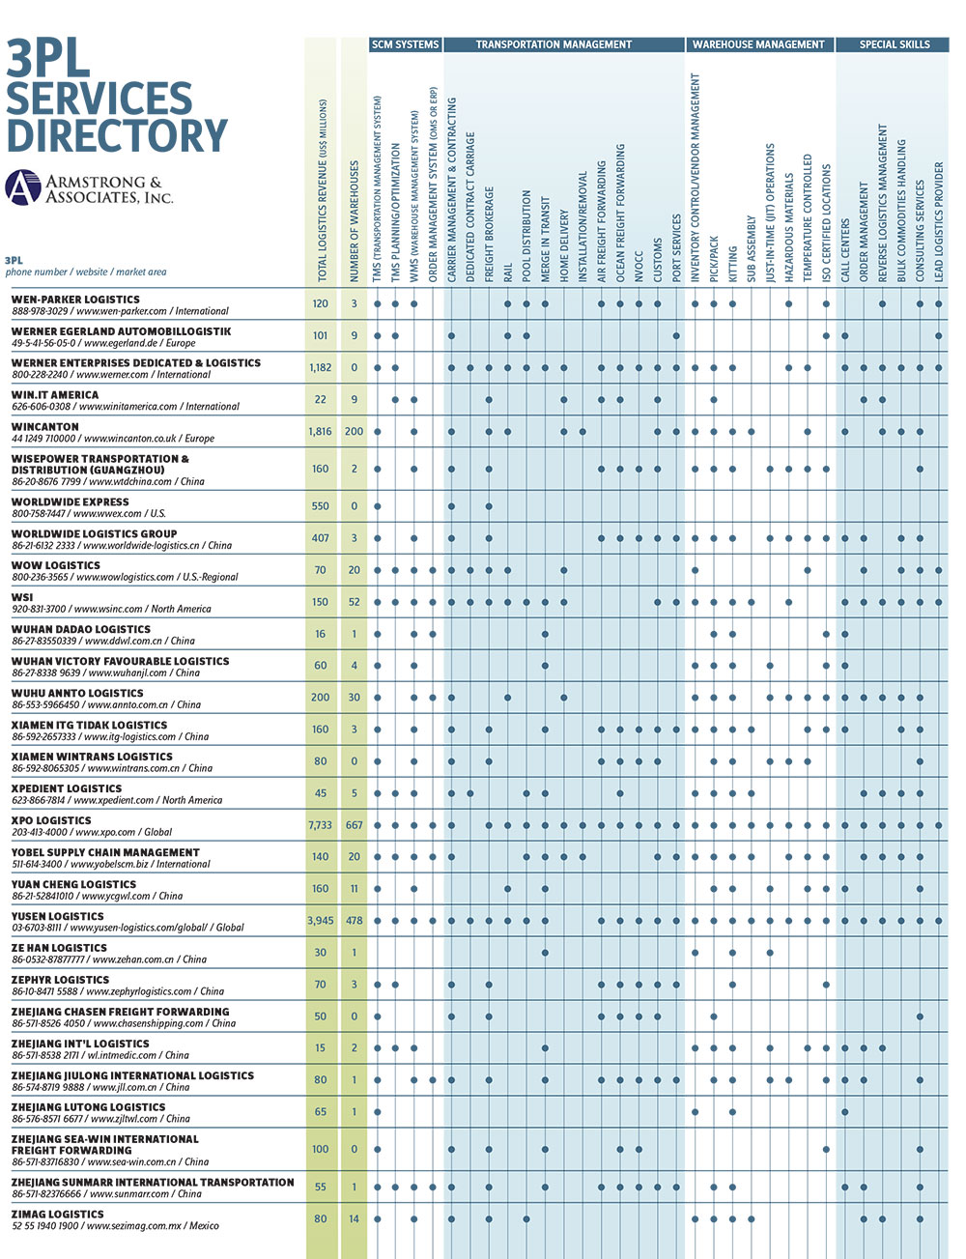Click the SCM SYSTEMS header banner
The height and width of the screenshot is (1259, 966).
405,44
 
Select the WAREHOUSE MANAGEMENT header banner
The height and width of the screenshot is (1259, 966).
758,44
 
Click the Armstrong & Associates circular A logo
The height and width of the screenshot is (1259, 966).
23,187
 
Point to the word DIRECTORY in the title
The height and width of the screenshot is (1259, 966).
117,134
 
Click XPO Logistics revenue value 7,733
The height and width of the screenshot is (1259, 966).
321,824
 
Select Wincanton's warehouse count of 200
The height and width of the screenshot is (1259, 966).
354,431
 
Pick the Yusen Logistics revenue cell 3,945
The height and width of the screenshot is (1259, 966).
321,920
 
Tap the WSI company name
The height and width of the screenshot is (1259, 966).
22,597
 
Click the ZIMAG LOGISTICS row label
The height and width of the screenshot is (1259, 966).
57,1214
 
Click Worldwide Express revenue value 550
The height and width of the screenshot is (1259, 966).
321,505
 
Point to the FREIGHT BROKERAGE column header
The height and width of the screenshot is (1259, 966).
489,234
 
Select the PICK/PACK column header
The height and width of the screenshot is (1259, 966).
714,259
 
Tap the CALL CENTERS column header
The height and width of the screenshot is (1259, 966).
845,250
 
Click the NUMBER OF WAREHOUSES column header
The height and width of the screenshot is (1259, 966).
354,222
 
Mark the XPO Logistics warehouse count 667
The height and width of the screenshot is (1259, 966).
354,824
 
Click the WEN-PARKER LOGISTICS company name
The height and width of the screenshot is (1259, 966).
75,299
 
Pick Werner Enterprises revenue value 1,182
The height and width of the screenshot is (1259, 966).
321,367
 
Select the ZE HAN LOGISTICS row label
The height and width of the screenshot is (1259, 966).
59,947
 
